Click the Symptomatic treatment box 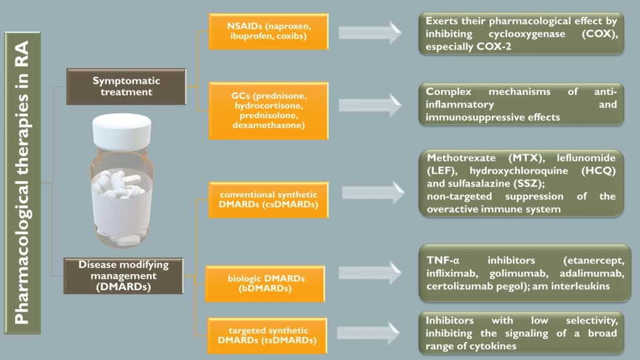[126, 86]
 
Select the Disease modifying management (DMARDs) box [124, 276]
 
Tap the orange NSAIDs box [269, 32]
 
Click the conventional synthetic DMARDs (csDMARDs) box [268, 199]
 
